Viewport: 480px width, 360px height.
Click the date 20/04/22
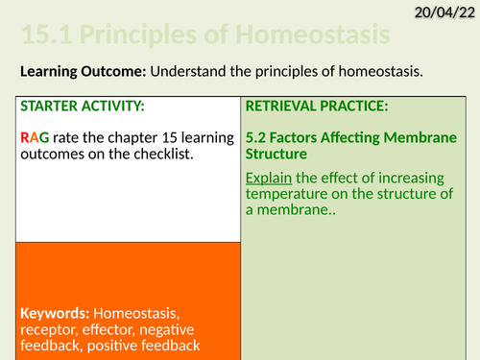[440, 12]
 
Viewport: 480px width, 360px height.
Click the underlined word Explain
[270, 178]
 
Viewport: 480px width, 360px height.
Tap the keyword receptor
[49, 329]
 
